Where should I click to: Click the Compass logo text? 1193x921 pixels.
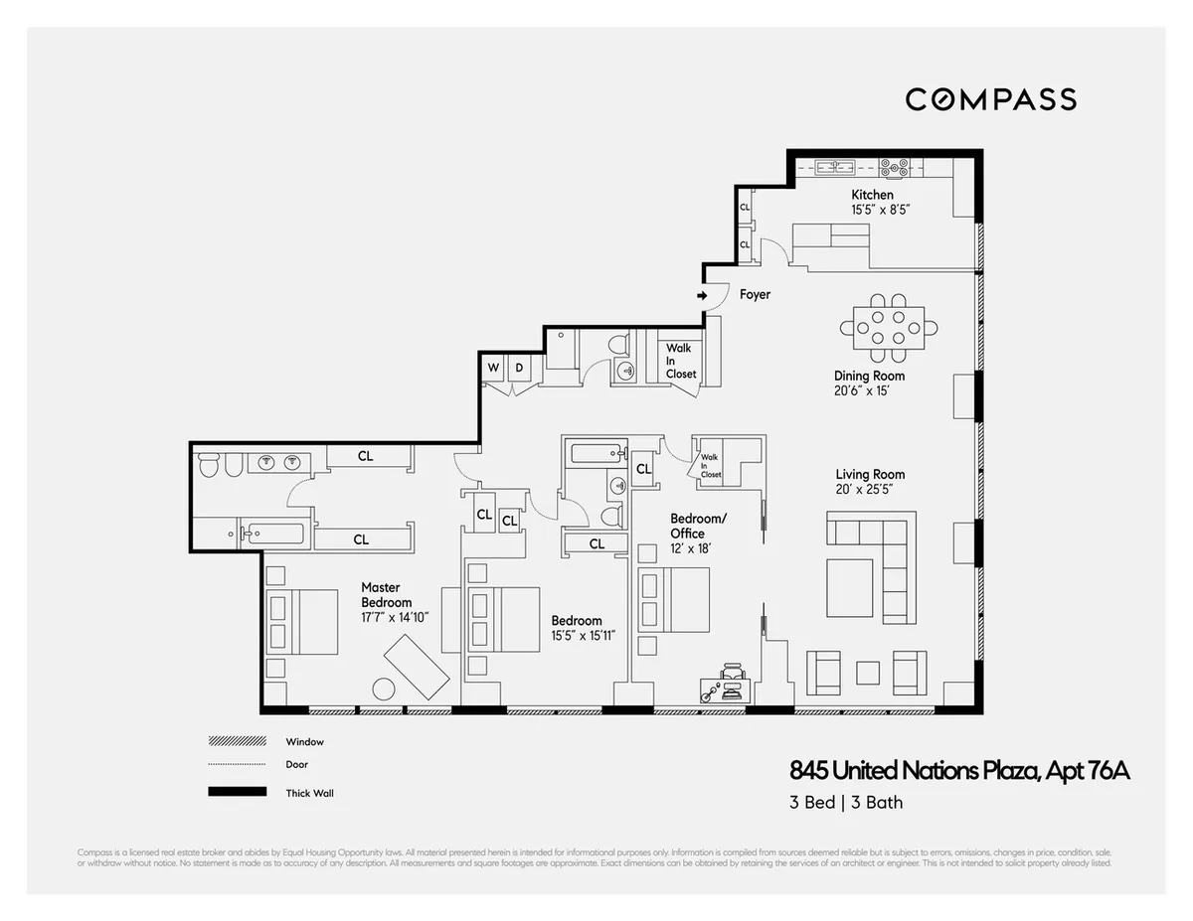point(990,99)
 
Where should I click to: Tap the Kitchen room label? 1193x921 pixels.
point(872,195)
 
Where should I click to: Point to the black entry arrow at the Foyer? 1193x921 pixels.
point(702,295)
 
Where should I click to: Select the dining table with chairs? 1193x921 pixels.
point(888,326)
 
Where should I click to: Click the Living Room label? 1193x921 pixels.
point(870,475)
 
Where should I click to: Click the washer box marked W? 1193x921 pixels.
point(493,368)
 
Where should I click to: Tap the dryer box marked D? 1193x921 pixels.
point(519,368)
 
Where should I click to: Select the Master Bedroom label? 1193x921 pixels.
point(386,595)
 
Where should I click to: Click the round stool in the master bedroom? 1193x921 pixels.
point(384,689)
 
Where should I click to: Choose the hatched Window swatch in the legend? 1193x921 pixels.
point(237,741)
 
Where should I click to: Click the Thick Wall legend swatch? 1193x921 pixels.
point(237,792)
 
